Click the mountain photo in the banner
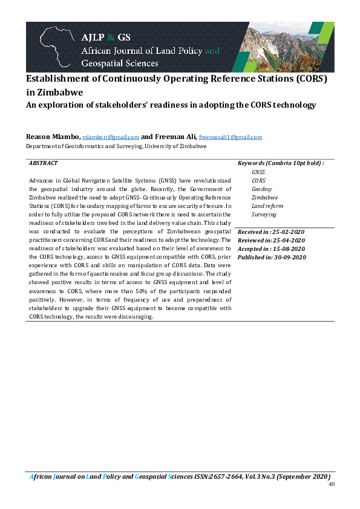[284, 47]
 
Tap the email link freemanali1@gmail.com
[231, 137]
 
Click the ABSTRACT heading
[43, 163]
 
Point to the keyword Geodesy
[261, 189]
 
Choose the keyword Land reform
[267, 206]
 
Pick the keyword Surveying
[264, 214]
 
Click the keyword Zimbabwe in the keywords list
[264, 197]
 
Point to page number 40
[331, 485]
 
